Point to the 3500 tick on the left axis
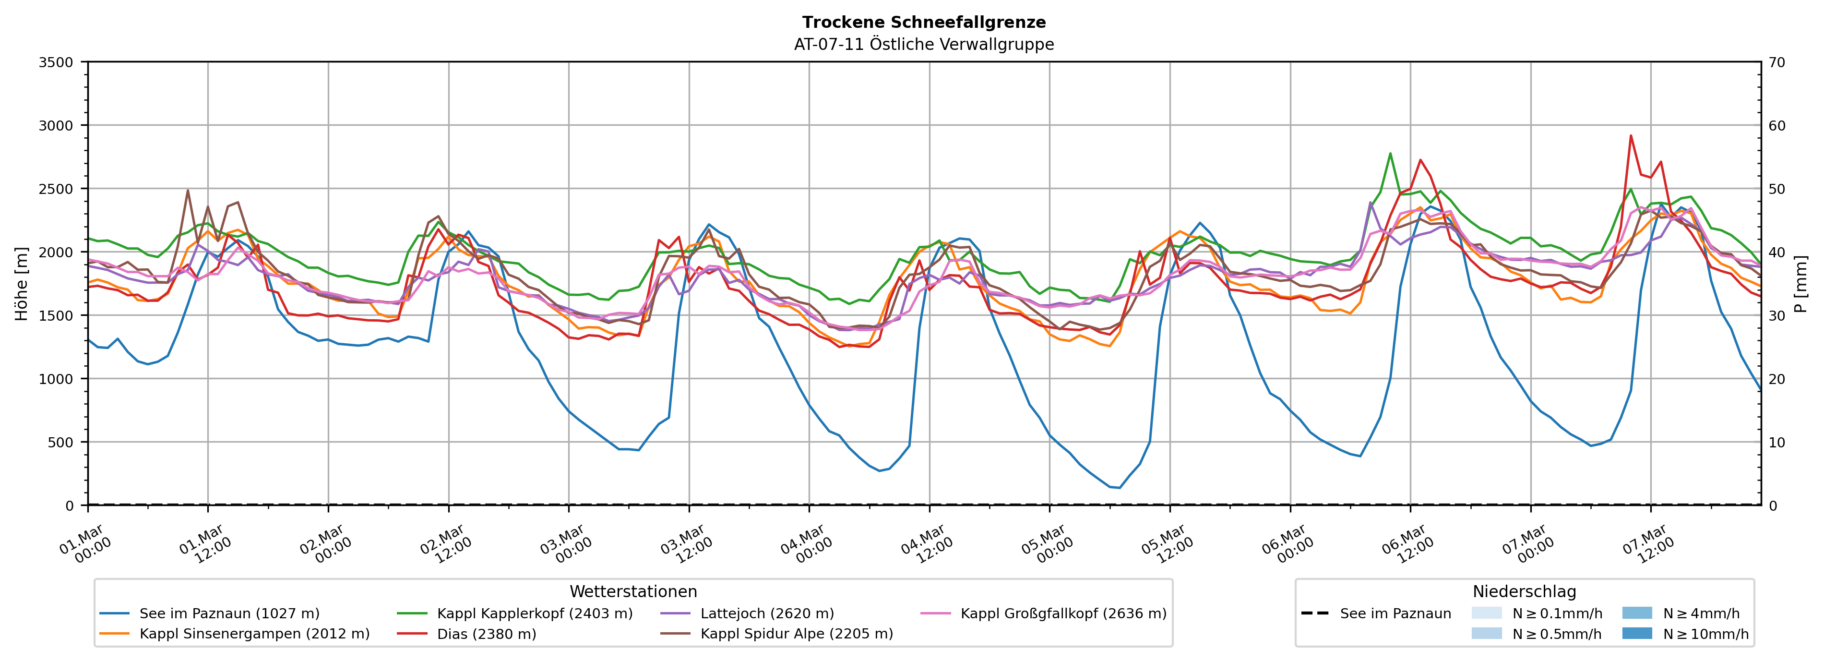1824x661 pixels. coord(55,62)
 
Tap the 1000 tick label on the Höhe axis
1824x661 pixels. coord(55,379)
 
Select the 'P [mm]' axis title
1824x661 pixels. coord(1800,283)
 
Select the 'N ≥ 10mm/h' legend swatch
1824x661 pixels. coord(1637,633)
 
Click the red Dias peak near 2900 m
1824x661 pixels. coord(1631,135)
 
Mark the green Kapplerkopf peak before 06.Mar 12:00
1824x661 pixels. coord(1390,153)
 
